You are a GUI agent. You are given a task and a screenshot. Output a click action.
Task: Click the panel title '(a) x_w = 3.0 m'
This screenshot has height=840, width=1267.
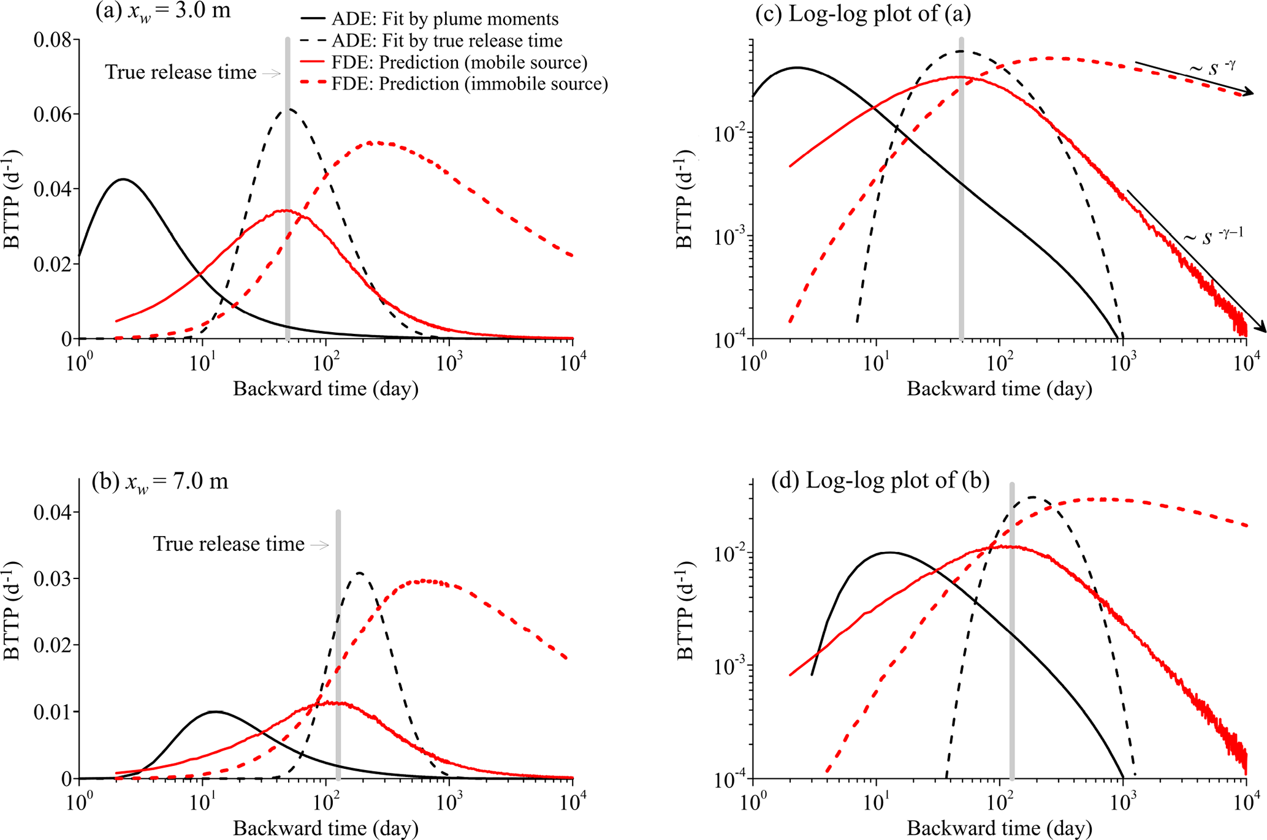tap(163, 10)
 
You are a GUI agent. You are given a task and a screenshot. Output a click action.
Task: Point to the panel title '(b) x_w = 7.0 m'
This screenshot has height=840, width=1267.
tap(160, 482)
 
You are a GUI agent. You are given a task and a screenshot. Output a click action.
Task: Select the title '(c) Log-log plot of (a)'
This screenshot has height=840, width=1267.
tap(863, 13)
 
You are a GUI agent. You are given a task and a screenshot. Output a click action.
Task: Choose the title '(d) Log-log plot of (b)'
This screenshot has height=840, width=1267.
tap(880, 481)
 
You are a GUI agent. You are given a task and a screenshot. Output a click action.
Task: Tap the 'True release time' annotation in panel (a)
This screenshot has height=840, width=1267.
tap(181, 72)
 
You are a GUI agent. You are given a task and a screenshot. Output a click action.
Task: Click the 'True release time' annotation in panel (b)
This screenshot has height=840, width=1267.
tap(229, 544)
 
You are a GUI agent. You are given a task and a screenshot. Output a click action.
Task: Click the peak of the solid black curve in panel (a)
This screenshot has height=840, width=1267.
tap(124, 180)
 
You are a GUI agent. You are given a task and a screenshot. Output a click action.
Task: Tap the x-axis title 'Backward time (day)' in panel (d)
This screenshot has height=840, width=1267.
tap(999, 828)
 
